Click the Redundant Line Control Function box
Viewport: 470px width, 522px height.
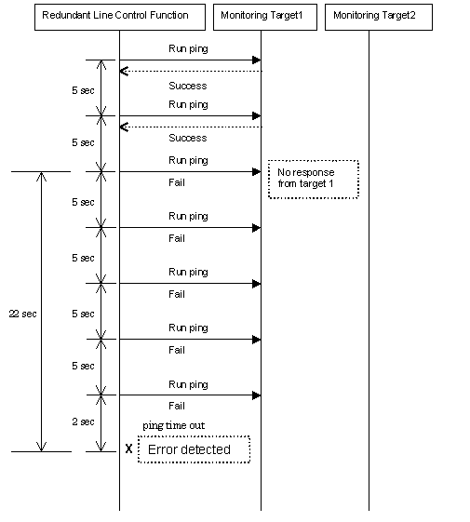[120, 18]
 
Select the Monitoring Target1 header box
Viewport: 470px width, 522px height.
[265, 18]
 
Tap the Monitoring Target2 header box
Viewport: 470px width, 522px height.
[379, 18]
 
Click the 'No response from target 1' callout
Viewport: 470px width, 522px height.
[314, 180]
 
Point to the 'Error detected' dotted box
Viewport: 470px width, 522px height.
[194, 449]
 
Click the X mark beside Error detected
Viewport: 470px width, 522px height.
[129, 448]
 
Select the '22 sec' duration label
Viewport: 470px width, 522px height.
[22, 314]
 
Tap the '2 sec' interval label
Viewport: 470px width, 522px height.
[83, 422]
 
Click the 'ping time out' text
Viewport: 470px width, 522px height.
[173, 426]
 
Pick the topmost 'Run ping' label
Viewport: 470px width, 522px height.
[188, 49]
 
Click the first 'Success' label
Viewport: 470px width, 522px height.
[187, 86]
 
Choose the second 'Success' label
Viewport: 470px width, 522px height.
[187, 138]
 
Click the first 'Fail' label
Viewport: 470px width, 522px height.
[177, 182]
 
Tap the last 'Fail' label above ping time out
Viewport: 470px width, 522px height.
[177, 406]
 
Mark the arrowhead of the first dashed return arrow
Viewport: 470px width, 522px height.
[124, 72]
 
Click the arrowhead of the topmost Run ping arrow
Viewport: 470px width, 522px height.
[257, 60]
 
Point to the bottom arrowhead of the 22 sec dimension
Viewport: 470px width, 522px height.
[41, 447]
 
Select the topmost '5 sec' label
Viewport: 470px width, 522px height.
[83, 90]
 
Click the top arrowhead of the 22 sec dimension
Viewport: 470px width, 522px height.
[41, 177]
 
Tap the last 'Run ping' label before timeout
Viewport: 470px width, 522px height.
[188, 384]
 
